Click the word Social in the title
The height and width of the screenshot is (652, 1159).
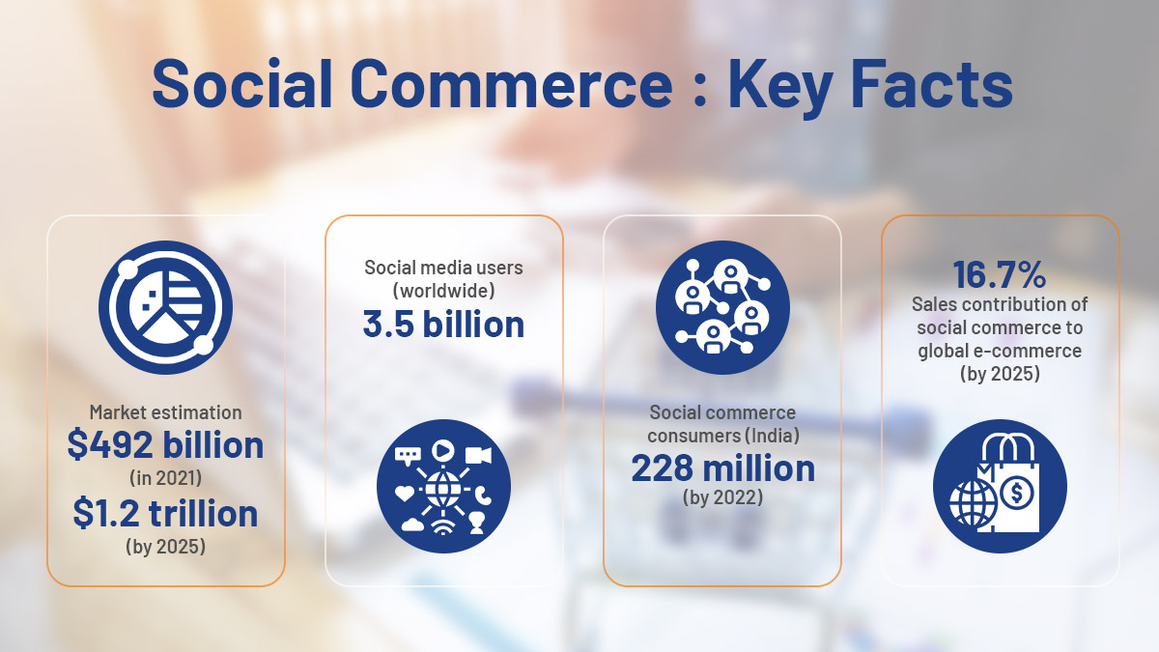pos(242,83)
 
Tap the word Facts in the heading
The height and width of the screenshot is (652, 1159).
pos(931,83)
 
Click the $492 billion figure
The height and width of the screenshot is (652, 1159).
pos(165,445)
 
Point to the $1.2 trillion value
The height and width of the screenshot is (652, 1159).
pos(165,513)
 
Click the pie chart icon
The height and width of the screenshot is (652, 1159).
pos(165,307)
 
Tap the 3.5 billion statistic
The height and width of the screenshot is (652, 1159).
pos(443,325)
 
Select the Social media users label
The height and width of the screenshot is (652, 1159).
pos(443,268)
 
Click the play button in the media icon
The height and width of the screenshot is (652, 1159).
pos(443,450)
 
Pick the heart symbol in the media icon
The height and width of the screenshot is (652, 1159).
pos(405,493)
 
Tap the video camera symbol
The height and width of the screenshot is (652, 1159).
pos(478,455)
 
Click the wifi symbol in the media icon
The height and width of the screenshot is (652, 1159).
pos(443,526)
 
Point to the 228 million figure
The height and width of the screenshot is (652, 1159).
pos(722,468)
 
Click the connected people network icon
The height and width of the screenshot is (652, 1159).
pos(722,307)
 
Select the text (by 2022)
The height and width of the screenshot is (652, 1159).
pos(722,497)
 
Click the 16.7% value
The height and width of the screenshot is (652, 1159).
pos(1000,274)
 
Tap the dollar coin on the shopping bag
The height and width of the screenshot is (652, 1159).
pos(1017,493)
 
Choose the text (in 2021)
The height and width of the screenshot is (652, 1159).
pos(165,477)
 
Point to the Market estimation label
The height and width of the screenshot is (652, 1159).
pos(165,412)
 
